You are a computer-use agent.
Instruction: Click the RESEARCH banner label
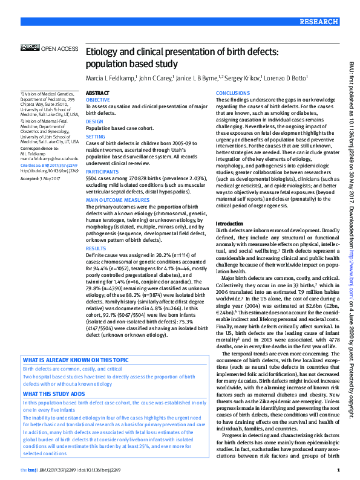click(318, 21)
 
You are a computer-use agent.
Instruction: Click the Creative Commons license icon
click(30, 46)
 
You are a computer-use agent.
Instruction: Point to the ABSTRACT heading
click(97, 93)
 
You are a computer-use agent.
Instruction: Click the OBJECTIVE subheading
click(98, 99)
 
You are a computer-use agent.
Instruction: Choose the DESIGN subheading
click(94, 121)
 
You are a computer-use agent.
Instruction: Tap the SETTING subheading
click(96, 137)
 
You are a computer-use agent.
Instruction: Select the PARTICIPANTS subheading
click(102, 171)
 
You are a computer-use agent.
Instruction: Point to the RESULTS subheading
click(96, 248)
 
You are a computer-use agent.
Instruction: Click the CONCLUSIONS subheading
click(232, 93)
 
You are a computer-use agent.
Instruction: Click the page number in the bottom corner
click(338, 470)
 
